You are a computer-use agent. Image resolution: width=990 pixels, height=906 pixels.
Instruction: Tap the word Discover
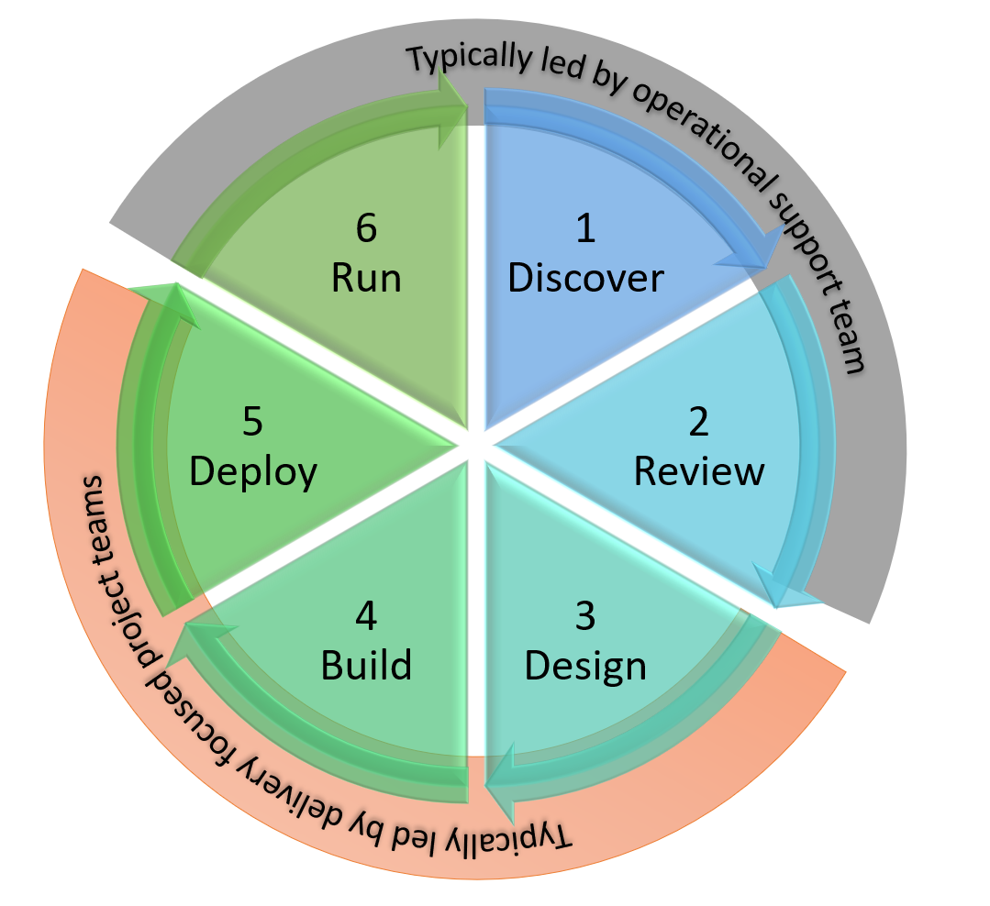coord(585,277)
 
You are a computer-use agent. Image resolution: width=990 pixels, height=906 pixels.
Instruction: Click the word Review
coord(699,470)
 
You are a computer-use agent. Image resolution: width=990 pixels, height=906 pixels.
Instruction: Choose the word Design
coord(586,666)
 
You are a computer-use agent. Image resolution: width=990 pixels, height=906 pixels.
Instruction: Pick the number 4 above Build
coord(366,617)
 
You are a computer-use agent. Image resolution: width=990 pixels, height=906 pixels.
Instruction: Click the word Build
coord(366,665)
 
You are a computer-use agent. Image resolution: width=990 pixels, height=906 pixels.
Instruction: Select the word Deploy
coord(253,471)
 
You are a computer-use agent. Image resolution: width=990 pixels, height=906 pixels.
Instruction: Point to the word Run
coord(366,277)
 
